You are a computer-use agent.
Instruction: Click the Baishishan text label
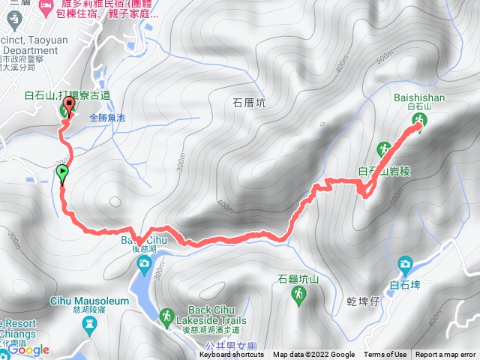tap(418, 97)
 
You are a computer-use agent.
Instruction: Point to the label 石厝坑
tap(249, 103)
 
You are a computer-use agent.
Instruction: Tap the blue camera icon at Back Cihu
tap(143, 262)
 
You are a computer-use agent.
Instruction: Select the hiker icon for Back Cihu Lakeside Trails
tap(166, 319)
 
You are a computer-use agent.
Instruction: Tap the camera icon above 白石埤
tap(405, 263)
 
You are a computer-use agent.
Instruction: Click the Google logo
tap(28, 349)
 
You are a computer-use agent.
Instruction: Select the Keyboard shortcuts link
tap(232, 355)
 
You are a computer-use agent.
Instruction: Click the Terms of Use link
tap(385, 355)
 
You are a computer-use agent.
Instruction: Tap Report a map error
tap(446, 355)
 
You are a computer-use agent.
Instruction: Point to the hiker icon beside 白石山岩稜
tap(385, 149)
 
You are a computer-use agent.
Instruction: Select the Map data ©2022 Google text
tap(314, 355)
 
